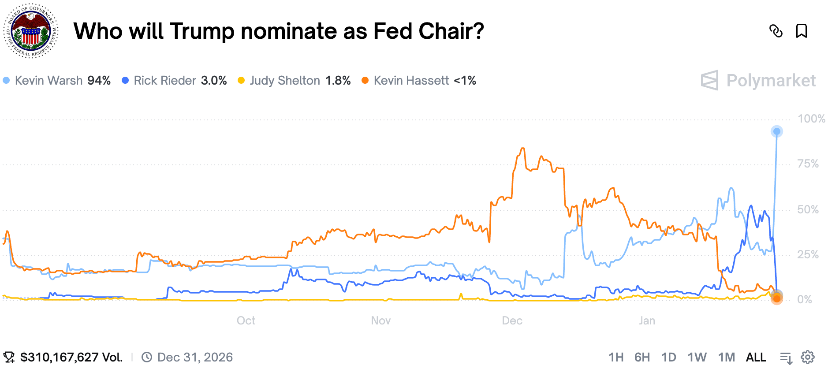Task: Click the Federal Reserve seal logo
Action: [x=31, y=31]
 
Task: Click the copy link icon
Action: [x=776, y=31]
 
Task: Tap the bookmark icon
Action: [x=802, y=31]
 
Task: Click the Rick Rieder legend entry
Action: [x=174, y=81]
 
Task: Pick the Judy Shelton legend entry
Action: [x=294, y=81]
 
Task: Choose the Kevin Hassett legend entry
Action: [x=419, y=81]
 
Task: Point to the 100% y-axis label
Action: [x=811, y=119]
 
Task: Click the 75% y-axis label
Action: [x=808, y=164]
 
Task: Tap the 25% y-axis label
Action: [x=808, y=254]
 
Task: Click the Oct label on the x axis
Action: [x=246, y=320]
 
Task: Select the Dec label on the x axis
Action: [x=512, y=320]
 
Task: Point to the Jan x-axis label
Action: [x=647, y=320]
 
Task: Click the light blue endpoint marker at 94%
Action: [x=777, y=131]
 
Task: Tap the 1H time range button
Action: [x=616, y=357]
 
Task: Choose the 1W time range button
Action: [x=697, y=357]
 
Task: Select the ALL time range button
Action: [x=756, y=357]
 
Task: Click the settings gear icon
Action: [x=808, y=357]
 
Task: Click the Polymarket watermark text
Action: [x=771, y=81]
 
